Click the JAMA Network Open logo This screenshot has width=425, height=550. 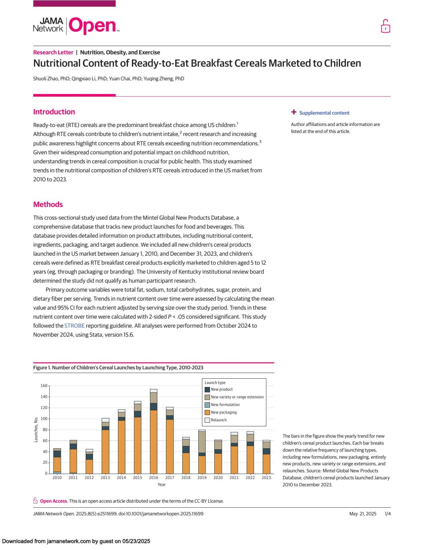[x=76, y=26]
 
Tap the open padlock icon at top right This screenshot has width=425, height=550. [x=385, y=26]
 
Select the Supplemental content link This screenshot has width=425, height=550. [x=324, y=113]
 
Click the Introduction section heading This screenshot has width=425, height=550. [x=54, y=112]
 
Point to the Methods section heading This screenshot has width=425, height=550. [x=48, y=204]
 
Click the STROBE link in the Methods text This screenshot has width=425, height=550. [x=74, y=326]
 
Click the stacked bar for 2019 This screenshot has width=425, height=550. [x=202, y=452]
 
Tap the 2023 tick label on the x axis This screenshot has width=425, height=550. [x=266, y=477]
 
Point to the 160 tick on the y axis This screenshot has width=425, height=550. [x=44, y=386]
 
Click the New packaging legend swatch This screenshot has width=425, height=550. [x=207, y=412]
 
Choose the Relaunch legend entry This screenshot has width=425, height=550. [x=219, y=420]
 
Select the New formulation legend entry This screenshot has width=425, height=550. [x=225, y=405]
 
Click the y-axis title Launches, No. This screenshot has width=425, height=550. [x=36, y=429]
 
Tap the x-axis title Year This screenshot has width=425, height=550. [x=162, y=484]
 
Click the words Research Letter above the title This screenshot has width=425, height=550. [x=53, y=52]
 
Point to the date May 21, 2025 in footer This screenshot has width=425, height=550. [x=363, y=514]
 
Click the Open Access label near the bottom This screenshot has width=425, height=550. [x=54, y=501]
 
